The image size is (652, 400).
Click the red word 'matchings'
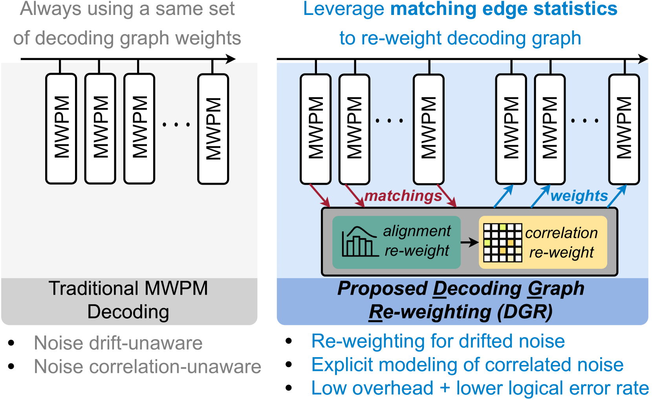pos(403,196)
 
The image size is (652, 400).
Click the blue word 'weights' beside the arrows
pos(579,196)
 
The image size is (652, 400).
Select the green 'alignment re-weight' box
pos(396,242)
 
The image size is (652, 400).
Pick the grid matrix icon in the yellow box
pos(502,242)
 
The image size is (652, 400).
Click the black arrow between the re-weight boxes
pos(469,242)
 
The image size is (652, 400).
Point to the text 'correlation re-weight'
pos(561,242)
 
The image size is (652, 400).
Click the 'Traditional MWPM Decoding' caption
pos(128,300)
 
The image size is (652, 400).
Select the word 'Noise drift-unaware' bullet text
pos(118,343)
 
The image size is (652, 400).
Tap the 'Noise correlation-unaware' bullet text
pos(147,367)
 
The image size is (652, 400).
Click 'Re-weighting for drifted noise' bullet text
pos(438,341)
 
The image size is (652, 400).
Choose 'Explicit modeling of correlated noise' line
pos(467,365)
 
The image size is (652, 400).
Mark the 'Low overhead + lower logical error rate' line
pos(480,388)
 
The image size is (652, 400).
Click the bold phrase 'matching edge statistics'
pos(504,9)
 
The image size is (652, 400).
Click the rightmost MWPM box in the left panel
pos(213,129)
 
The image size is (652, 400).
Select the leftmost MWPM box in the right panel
pos(316,129)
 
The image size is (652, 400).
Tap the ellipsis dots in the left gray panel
pos(176,125)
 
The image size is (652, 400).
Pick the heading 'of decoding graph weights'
pos(127,38)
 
